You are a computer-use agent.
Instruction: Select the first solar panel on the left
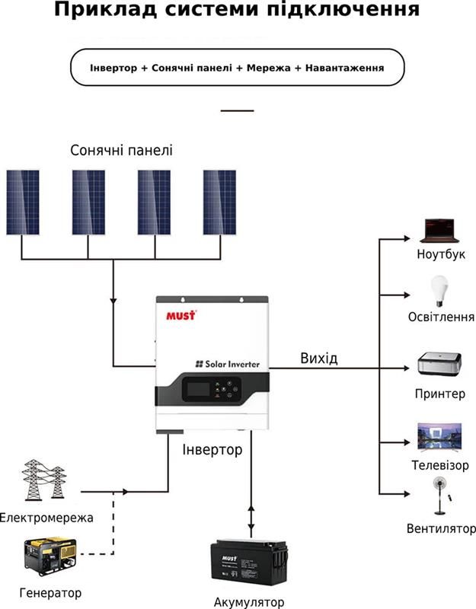pyautogui.click(x=23, y=202)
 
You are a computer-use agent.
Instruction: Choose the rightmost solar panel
pyautogui.click(x=220, y=202)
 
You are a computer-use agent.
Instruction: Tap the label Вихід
pyautogui.click(x=318, y=358)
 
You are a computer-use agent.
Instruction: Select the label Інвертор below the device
pyautogui.click(x=212, y=450)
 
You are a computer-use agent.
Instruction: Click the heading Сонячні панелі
pyautogui.click(x=121, y=150)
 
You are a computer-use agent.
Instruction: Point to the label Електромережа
pyautogui.click(x=46, y=518)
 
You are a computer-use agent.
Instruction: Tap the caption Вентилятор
pyautogui.click(x=441, y=528)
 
